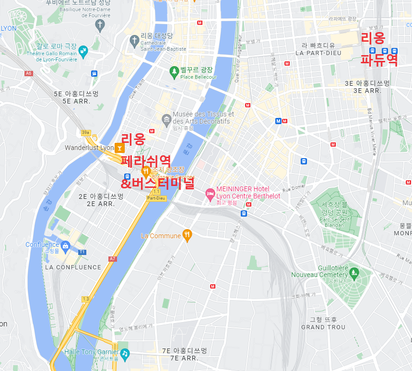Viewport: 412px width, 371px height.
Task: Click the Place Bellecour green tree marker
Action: tap(175, 72)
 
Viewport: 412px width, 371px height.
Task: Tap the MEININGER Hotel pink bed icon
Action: tap(210, 194)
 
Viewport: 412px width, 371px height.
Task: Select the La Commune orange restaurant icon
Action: tap(188, 235)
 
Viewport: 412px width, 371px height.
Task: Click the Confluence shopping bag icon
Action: tap(66, 246)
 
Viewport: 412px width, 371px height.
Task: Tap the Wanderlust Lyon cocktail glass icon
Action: tap(119, 148)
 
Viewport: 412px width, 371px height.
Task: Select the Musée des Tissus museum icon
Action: tap(166, 118)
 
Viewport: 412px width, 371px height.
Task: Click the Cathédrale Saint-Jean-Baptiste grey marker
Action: tap(134, 38)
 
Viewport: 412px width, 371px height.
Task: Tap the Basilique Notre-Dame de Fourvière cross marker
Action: tap(100, 25)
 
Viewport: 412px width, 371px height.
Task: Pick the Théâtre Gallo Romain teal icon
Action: tap(83, 50)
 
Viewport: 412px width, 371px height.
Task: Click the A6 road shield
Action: tap(29, 73)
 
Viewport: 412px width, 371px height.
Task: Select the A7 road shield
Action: tap(112, 259)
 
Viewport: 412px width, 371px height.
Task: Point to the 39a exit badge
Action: tap(86, 133)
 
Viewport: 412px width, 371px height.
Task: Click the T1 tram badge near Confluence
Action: tap(82, 252)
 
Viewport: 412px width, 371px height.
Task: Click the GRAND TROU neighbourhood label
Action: tap(323, 327)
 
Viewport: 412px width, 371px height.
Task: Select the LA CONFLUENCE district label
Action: tap(73, 267)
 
